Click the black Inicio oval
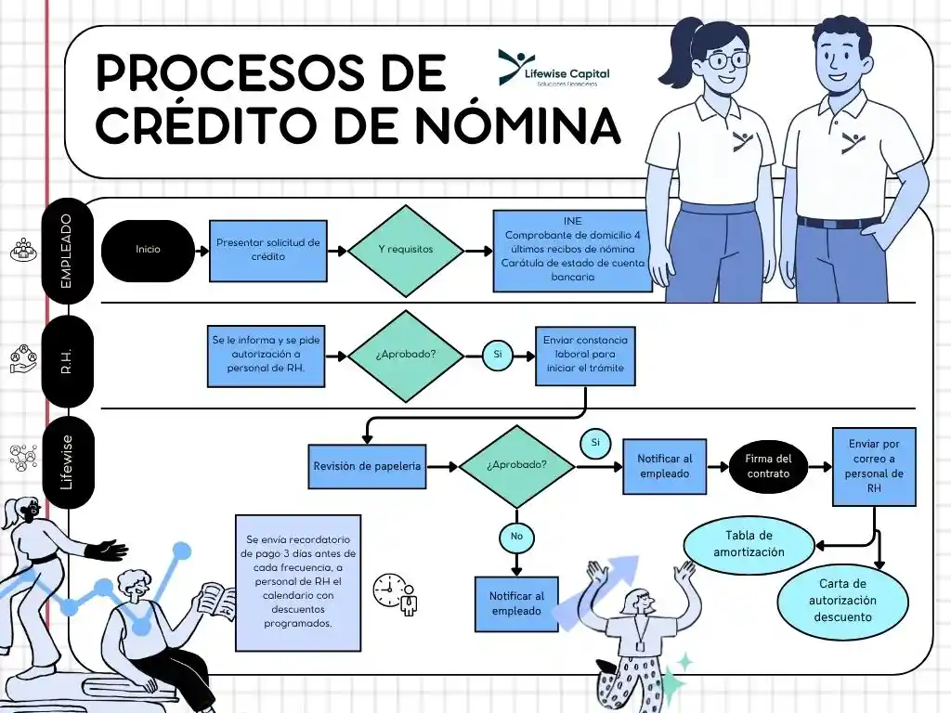(148, 250)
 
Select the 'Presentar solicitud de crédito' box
(267, 250)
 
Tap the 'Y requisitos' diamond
(406, 250)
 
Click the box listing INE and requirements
(572, 251)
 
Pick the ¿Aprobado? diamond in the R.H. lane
(406, 356)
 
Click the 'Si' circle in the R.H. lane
(497, 355)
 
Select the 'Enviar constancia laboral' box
(586, 355)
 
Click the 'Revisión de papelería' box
(368, 465)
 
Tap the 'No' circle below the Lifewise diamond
(516, 536)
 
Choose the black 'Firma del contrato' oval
(769, 466)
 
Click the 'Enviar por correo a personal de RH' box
(874, 466)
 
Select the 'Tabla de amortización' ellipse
(749, 544)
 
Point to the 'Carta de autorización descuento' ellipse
(842, 600)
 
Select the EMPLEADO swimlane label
(67, 250)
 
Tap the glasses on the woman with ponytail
(725, 60)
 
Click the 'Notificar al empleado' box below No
(516, 603)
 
